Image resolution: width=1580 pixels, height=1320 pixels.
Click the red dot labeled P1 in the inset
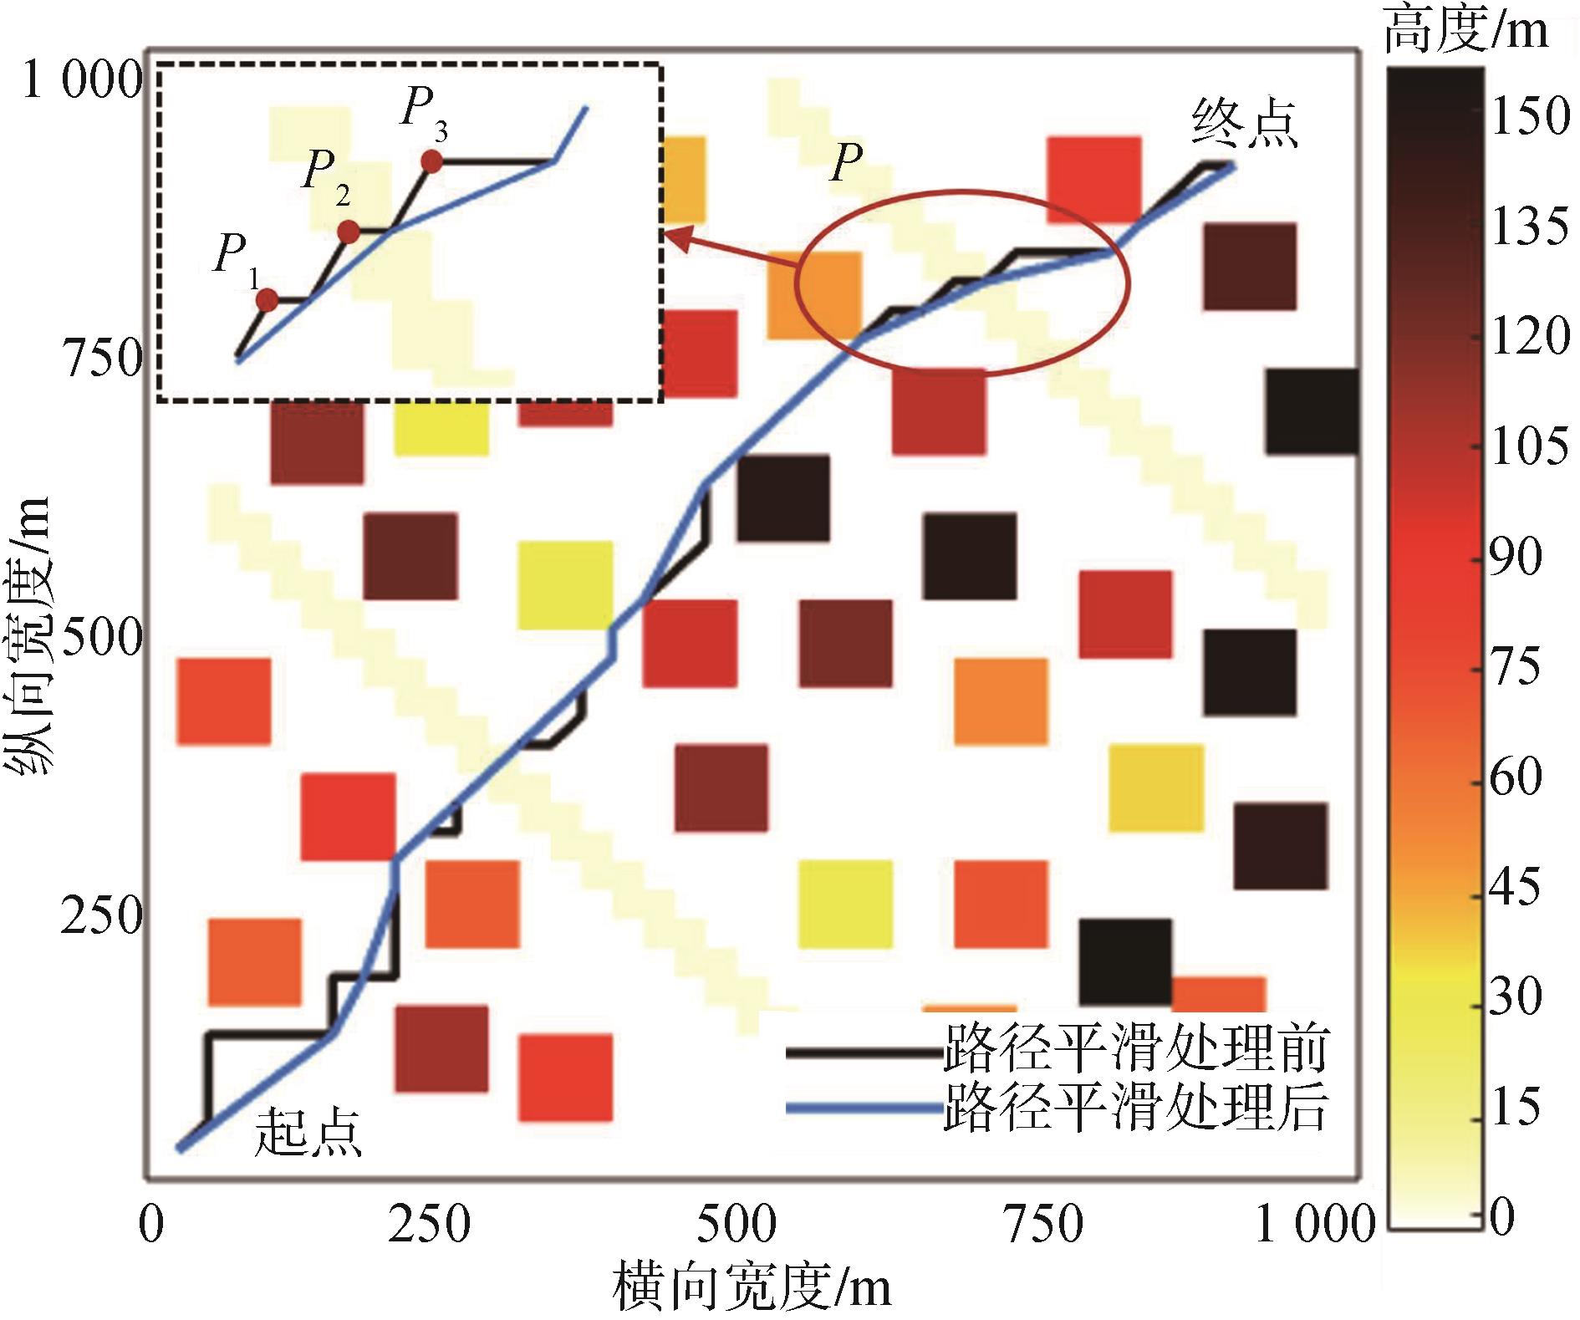pos(267,300)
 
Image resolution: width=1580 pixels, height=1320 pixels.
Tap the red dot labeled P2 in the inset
pos(349,232)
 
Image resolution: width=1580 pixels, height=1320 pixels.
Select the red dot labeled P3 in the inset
pos(431,161)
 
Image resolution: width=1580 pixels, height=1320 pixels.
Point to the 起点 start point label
pos(308,1133)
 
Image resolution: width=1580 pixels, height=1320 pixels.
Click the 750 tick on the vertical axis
pos(103,359)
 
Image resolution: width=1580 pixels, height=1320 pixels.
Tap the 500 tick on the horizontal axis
pos(736,1226)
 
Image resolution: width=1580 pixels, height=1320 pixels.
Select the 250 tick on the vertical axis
pos(101,916)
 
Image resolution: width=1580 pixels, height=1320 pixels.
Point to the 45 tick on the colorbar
pos(1516,887)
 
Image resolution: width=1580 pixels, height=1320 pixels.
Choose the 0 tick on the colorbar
pos(1502,1217)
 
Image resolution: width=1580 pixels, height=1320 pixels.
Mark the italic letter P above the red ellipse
pos(846,161)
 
